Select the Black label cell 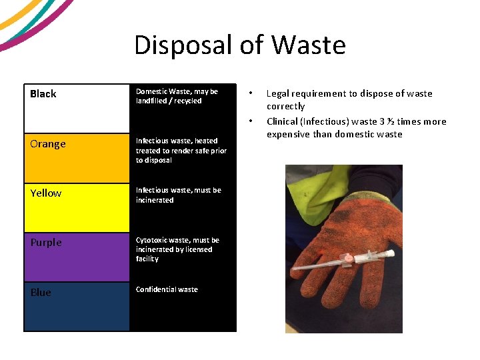coord(43,94)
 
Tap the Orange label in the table coord(48,144)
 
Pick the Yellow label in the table coord(46,193)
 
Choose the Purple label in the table coord(46,243)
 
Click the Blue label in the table coord(41,293)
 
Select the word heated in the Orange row coord(206,141)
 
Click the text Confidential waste coord(167,289)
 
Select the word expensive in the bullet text coord(289,134)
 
